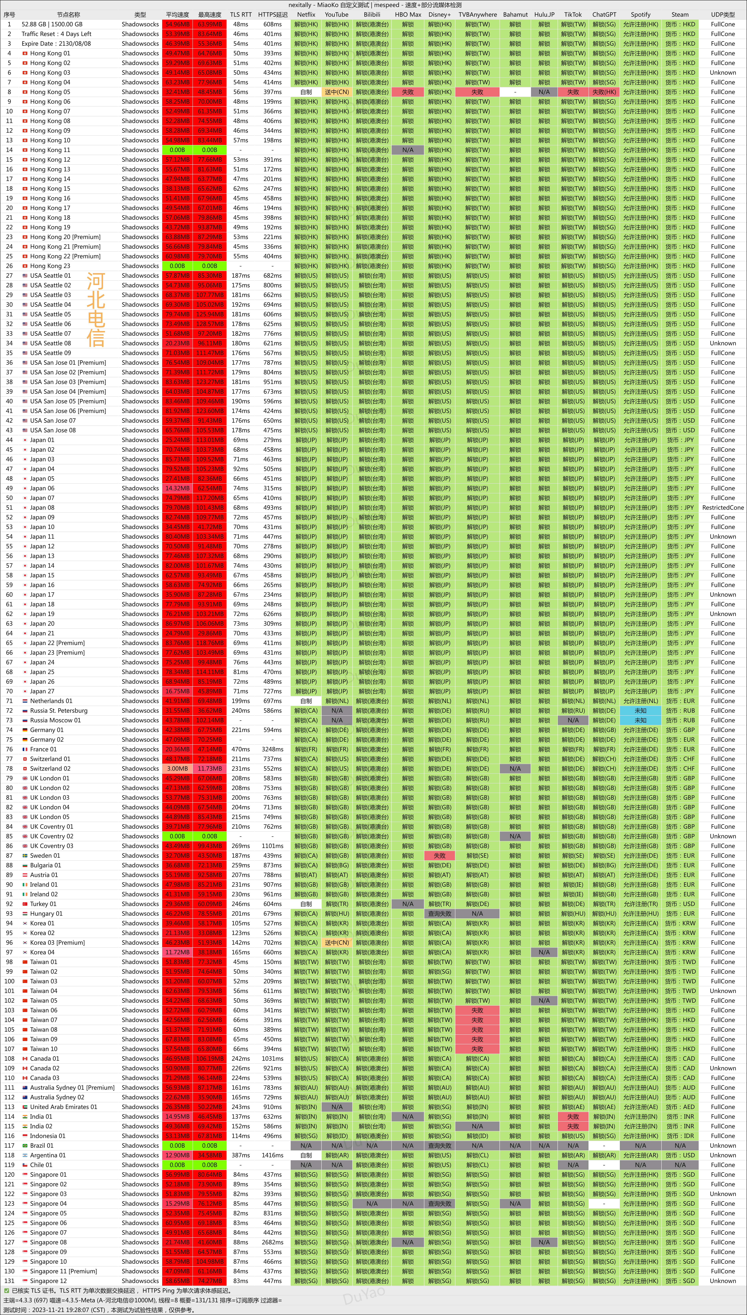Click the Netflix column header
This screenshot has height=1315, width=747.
tap(306, 14)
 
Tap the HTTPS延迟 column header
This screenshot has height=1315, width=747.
tap(272, 14)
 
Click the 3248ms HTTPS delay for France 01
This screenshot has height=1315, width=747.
tap(272, 749)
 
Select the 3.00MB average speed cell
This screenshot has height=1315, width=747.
tap(177, 768)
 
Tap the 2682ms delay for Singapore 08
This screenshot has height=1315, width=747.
tap(272, 1242)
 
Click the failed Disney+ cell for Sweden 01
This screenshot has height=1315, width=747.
tap(440, 855)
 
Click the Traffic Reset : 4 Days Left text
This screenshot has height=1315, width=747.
tap(56, 34)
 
